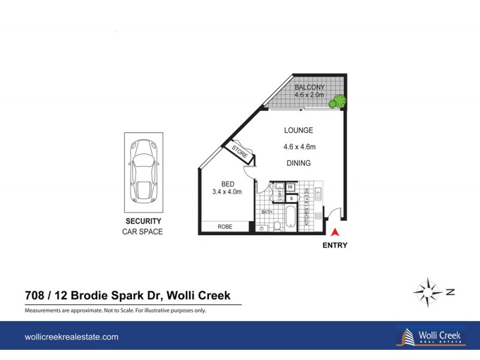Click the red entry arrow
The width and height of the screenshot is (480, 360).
[x=335, y=232]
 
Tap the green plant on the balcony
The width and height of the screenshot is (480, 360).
[x=340, y=101]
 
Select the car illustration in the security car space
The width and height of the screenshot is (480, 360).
[x=144, y=172]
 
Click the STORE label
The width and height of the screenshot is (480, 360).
[x=239, y=151]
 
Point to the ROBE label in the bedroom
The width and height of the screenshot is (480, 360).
[x=225, y=227]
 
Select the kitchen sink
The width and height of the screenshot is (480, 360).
[x=319, y=193]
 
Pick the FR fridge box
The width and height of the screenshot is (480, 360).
[x=291, y=187]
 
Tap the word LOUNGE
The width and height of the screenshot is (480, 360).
[x=299, y=130]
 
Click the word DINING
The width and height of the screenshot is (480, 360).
[x=298, y=163]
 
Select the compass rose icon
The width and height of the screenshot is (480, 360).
[x=428, y=292]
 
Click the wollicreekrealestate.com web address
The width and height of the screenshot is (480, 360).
[x=71, y=337]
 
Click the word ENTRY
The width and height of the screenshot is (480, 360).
[x=334, y=245]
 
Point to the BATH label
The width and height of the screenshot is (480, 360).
[x=266, y=211]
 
